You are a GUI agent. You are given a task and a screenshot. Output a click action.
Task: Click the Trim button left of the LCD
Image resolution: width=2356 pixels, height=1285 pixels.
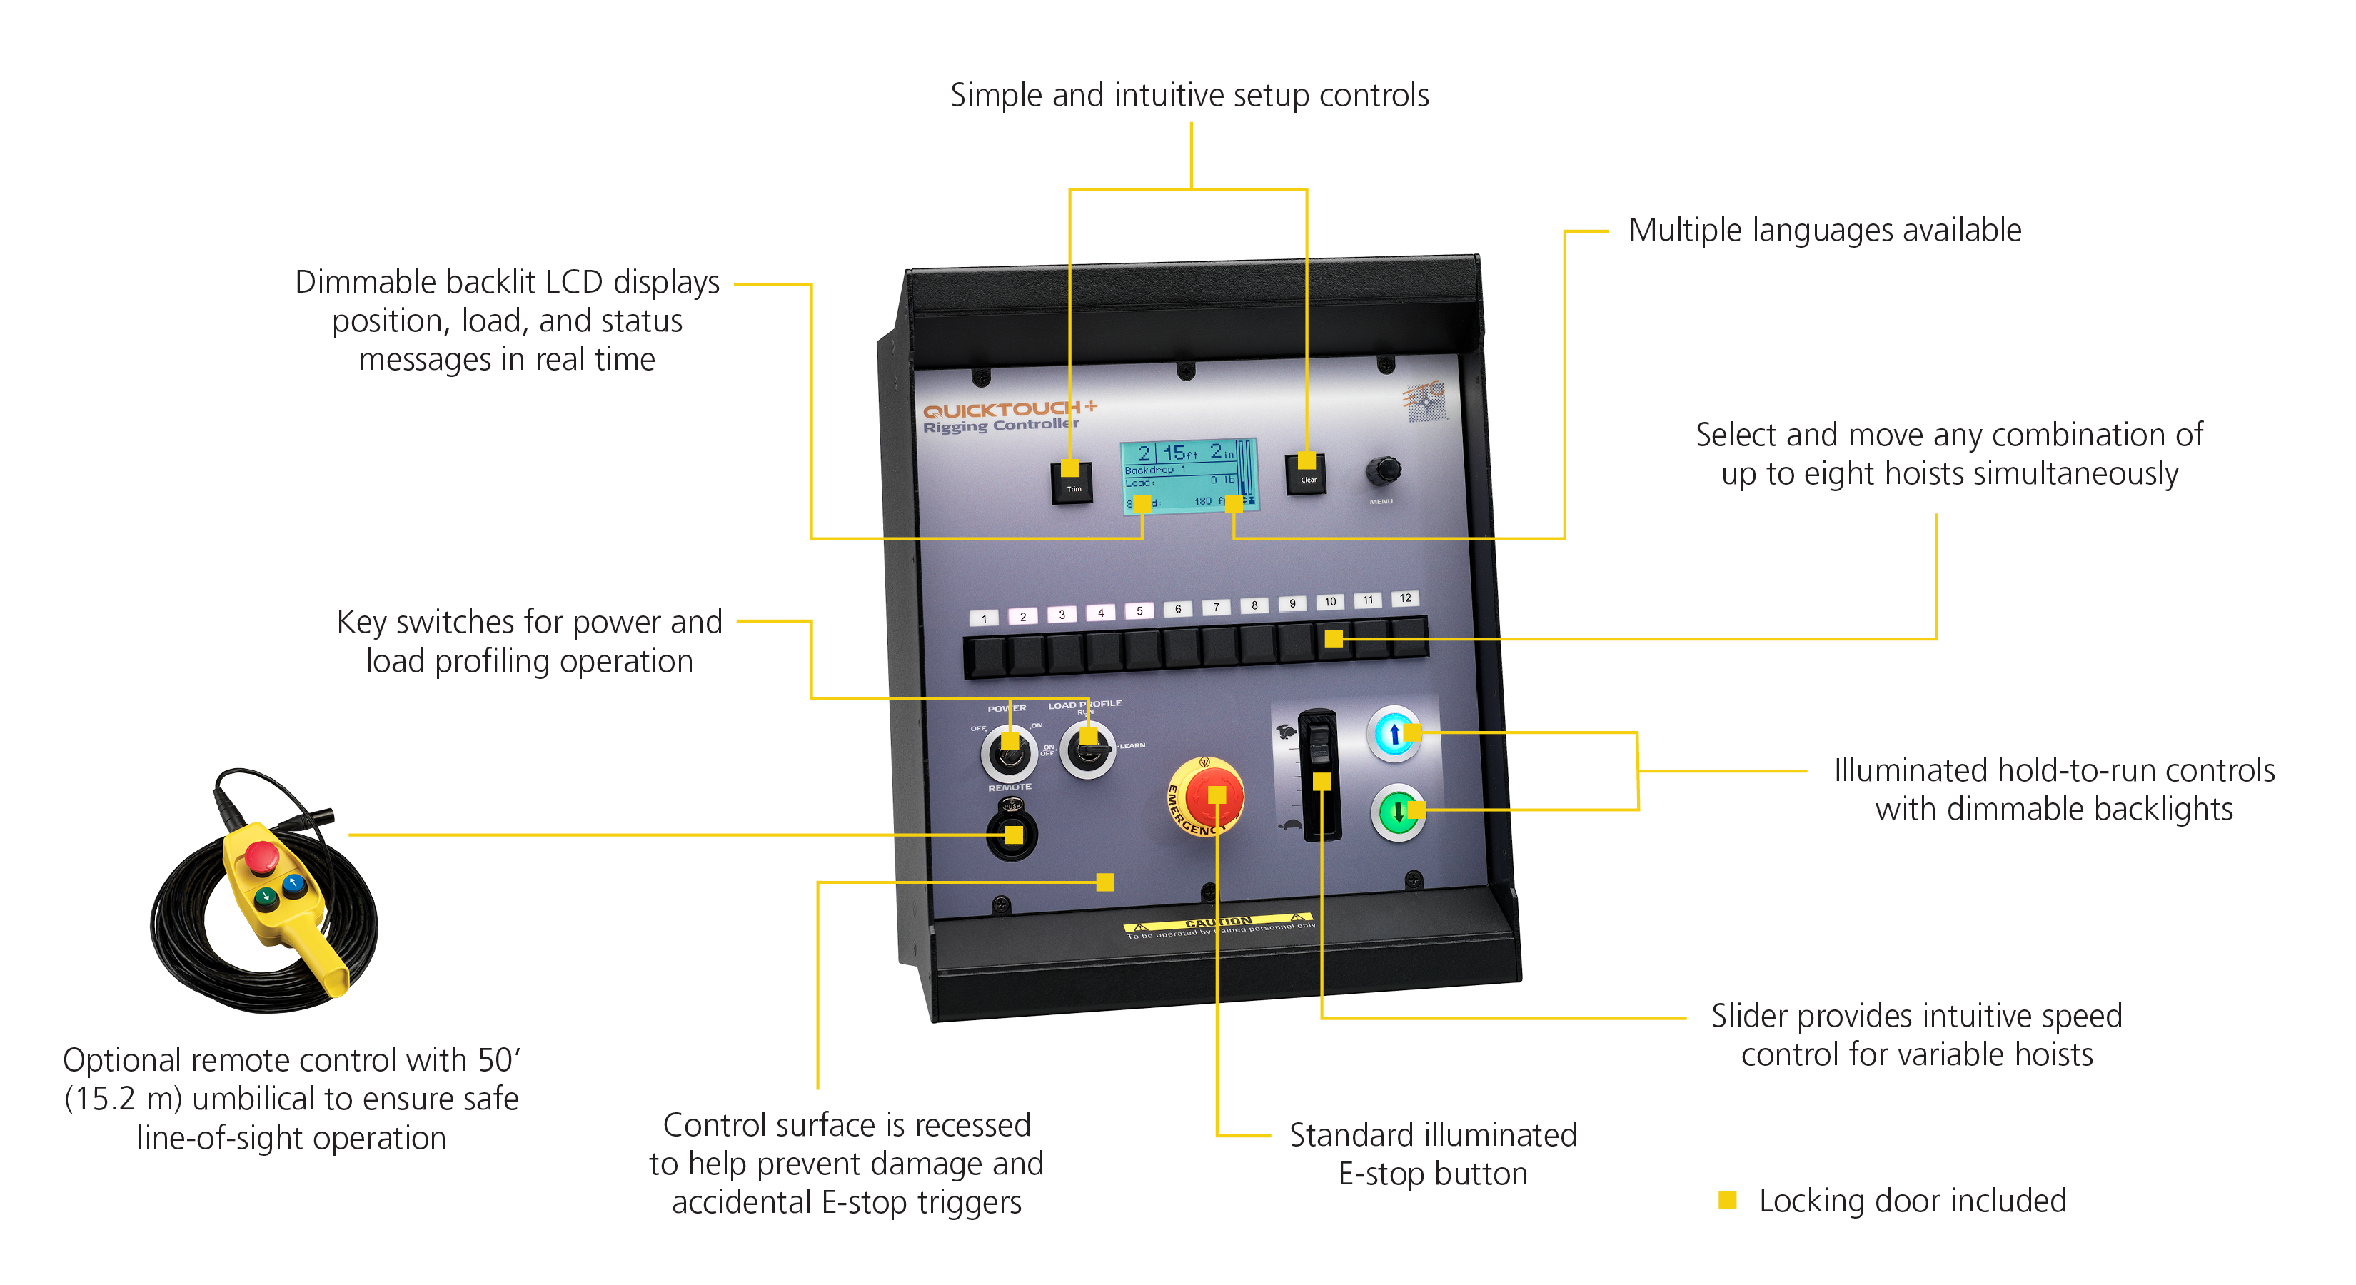coord(1072,481)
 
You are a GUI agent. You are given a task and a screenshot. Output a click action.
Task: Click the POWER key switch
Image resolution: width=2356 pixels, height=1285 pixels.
coord(1008,752)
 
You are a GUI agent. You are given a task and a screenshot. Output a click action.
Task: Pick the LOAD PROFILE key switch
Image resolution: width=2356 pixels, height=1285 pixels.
coord(1087,749)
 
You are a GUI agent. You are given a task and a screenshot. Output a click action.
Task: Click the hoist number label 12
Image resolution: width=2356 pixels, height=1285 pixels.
coord(1405,598)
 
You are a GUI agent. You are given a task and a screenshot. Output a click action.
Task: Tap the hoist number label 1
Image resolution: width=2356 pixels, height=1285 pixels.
coord(984,618)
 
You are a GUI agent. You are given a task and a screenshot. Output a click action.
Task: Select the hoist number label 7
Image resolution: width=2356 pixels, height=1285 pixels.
coord(1216,608)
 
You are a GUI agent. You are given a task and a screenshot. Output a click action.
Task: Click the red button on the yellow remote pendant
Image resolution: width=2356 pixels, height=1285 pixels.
coord(261,855)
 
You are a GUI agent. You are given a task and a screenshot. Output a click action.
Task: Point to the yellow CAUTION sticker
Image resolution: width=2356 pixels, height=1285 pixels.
coord(1218,924)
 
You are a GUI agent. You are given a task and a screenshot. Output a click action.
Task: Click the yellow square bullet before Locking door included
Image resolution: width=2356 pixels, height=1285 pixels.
coord(1727,1199)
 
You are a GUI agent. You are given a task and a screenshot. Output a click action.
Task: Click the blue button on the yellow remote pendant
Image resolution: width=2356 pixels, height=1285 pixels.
coord(293,884)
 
